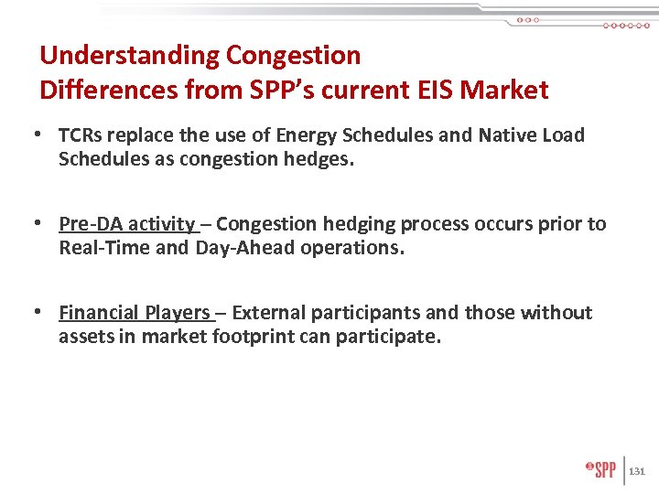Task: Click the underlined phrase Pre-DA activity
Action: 127,224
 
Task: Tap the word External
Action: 269,313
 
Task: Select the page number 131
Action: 638,471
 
